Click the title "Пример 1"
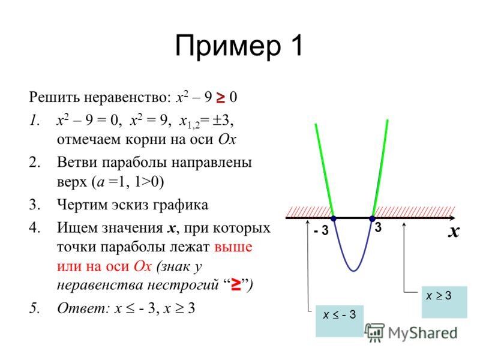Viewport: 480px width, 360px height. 239,46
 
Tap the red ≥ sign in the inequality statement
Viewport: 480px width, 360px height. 220,98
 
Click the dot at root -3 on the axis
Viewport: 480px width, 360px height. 334,218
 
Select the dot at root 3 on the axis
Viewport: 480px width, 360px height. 372,218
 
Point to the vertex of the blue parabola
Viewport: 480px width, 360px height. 353,271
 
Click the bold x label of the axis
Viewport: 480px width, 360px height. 454,232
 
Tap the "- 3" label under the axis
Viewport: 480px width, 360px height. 321,230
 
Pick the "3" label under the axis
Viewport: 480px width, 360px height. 378,227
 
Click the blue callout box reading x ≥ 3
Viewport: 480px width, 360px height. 444,302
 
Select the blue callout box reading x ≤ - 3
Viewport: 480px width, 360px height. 340,321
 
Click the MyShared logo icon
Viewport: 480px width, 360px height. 374,332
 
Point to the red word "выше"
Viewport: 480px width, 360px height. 233,247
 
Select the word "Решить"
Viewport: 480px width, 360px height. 55,97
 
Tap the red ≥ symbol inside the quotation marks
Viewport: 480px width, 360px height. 236,284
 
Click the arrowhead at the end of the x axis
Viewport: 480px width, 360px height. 452,218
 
